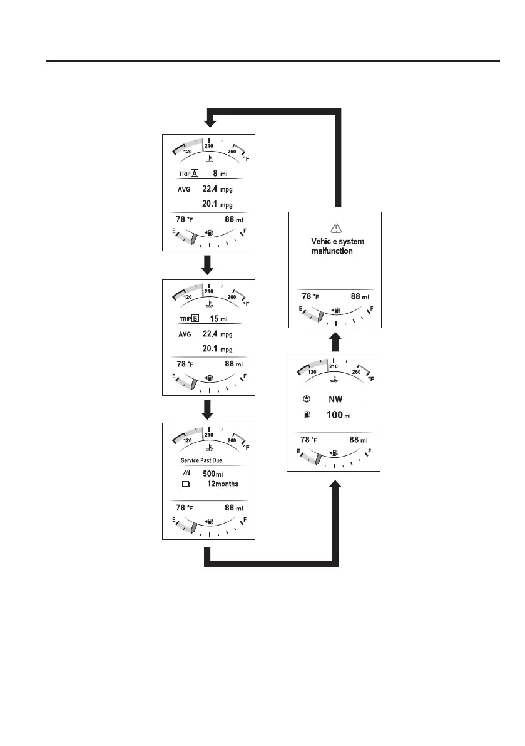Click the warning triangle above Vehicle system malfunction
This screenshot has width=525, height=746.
tap(336, 229)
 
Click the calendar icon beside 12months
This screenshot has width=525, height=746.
tap(186, 484)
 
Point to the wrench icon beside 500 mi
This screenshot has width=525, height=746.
tap(186, 474)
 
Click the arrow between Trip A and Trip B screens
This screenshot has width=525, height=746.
tap(209, 264)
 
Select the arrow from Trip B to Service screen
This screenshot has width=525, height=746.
tap(209, 408)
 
